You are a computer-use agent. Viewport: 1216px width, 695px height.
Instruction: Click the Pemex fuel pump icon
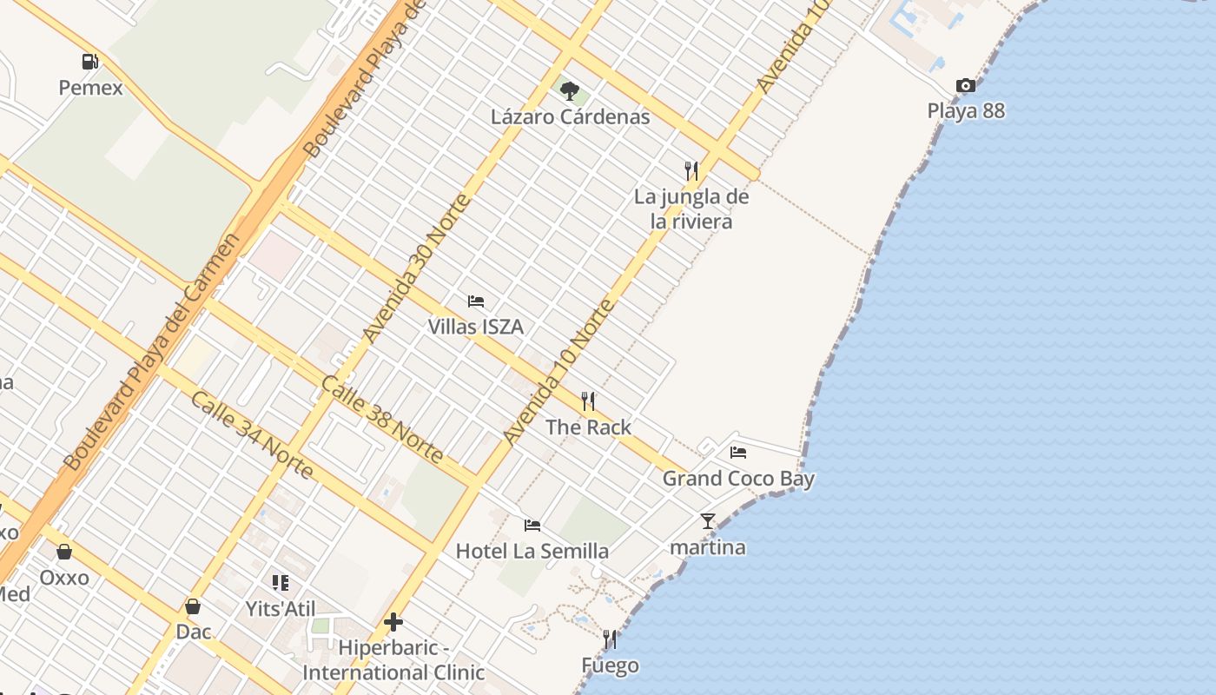89,62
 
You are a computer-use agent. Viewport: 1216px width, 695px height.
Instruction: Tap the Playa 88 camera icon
965,85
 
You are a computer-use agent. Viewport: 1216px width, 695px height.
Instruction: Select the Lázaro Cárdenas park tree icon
570,90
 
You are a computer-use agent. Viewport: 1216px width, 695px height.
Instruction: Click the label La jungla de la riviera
691,208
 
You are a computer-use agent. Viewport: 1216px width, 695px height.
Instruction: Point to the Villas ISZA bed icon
476,301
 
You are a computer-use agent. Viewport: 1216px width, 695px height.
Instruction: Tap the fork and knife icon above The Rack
588,400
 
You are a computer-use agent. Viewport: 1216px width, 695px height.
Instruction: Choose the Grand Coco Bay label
738,478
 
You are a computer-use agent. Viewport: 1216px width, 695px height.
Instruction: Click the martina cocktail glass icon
708,521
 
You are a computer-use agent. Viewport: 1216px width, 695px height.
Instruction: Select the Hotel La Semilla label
532,551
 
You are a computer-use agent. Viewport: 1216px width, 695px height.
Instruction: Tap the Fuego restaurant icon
610,640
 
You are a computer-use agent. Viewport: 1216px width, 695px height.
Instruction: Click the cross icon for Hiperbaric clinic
393,622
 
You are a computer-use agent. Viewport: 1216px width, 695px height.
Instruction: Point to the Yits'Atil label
281,609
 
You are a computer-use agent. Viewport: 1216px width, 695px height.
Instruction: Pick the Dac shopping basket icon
193,606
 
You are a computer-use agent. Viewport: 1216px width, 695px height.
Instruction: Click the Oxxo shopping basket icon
64,552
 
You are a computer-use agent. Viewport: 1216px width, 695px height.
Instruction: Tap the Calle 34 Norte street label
251,434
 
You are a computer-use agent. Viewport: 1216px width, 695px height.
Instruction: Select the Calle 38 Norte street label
382,419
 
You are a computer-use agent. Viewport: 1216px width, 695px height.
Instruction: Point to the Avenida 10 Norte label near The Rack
559,372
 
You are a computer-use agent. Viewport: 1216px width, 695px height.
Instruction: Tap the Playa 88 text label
966,110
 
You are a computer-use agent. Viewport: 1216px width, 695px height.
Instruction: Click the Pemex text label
90,88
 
